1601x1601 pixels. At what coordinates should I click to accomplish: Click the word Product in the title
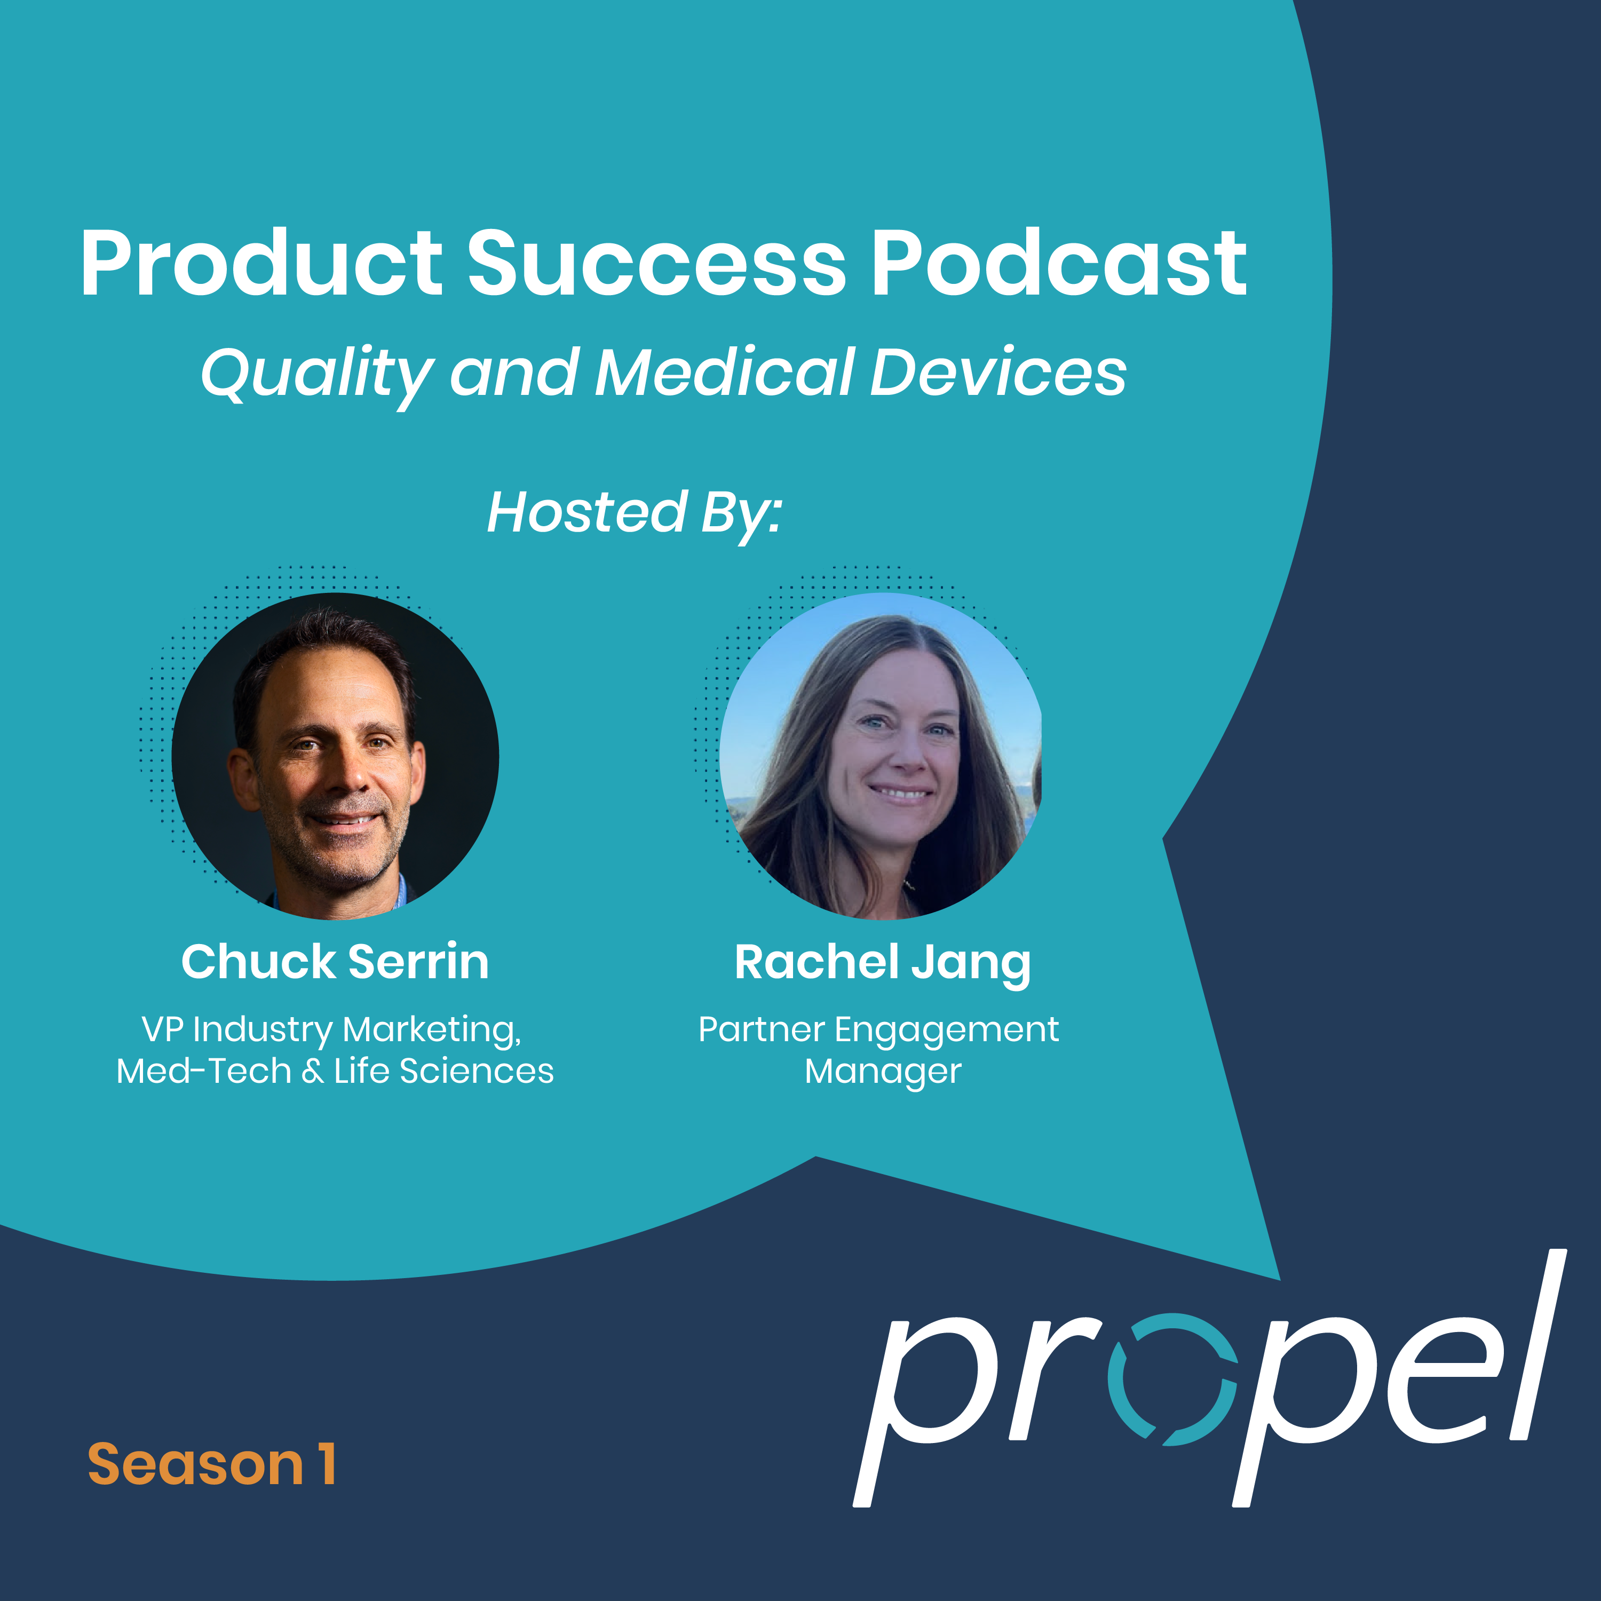point(261,264)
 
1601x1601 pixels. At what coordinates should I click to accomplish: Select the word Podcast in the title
point(1059,264)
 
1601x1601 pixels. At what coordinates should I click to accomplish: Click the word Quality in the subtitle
point(316,375)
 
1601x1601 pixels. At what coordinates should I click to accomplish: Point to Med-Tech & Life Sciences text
point(335,1071)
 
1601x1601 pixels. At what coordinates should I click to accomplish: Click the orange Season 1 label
point(212,1464)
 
